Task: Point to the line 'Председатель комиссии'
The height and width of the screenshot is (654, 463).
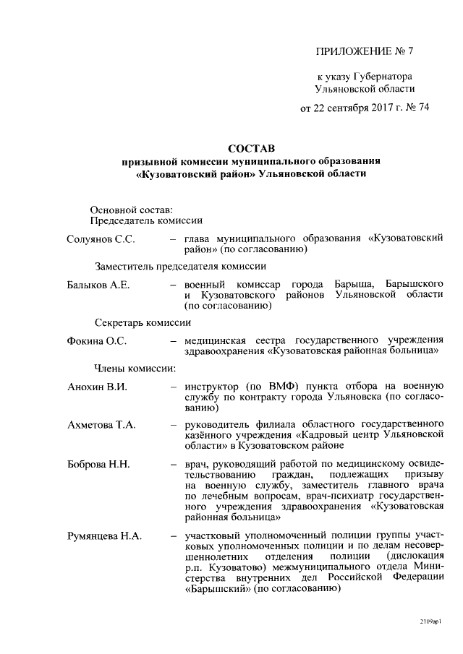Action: click(x=145, y=220)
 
